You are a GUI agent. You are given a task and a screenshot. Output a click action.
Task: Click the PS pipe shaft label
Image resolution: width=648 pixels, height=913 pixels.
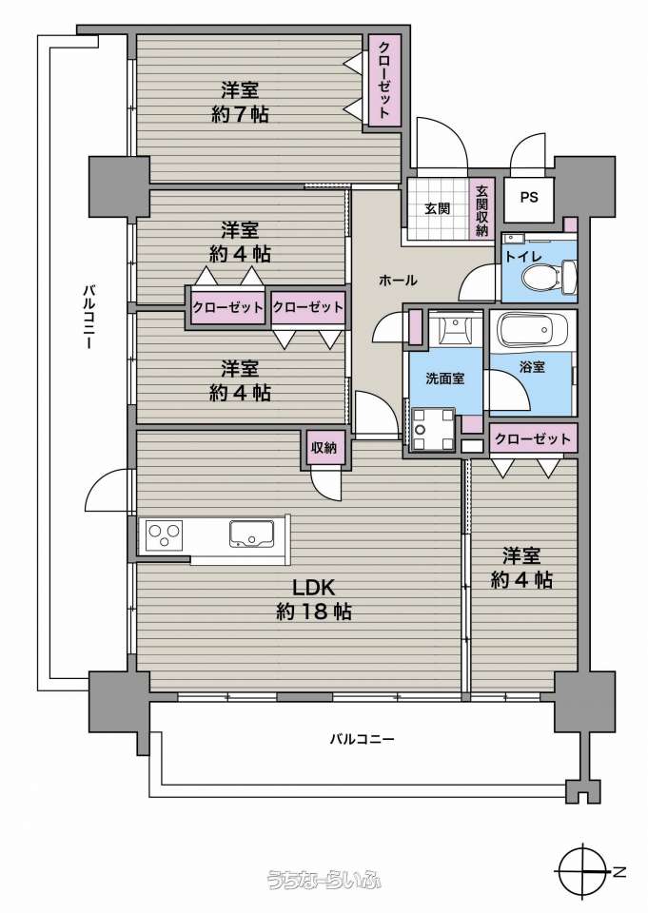pos(529,198)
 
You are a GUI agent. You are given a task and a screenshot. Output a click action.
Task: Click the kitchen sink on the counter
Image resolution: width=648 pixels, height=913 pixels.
pos(252,533)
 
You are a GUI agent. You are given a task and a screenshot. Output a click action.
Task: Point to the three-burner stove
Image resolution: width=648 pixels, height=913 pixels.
pos(165,534)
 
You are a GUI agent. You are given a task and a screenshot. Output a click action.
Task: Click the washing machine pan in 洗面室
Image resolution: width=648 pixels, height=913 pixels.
pos(433,430)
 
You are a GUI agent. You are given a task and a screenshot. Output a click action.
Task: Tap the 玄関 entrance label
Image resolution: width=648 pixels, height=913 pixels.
pos(437,208)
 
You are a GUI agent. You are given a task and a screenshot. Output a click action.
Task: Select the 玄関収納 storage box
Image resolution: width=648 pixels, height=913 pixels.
pos(481,209)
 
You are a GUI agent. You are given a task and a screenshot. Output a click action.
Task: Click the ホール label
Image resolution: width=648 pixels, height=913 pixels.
pos(398,280)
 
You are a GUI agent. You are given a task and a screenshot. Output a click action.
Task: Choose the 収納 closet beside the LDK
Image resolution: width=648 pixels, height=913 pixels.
pos(324,448)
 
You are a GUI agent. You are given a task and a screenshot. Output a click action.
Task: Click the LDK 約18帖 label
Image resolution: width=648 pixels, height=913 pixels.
pos(313,599)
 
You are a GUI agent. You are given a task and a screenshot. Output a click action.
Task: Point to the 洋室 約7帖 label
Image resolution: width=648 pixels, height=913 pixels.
pos(240,103)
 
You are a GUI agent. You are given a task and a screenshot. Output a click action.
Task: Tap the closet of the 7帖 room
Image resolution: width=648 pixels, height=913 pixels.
pos(384,80)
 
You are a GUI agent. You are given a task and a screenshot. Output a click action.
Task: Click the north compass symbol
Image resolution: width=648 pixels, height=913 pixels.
pos(585,872)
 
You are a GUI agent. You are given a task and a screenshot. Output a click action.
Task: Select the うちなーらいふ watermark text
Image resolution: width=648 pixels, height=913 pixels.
pos(324,879)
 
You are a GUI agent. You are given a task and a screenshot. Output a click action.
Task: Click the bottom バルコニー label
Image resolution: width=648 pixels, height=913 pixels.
pos(362,740)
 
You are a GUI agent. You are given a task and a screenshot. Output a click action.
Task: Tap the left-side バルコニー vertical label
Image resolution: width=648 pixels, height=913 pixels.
pos(88,317)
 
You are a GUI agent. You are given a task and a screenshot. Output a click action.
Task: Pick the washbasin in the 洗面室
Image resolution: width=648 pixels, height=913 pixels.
pos(455,330)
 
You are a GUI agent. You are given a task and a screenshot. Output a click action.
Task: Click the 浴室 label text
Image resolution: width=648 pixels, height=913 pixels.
pos(532,367)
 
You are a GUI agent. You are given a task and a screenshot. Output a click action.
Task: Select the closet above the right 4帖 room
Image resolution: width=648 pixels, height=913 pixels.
pos(532,438)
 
